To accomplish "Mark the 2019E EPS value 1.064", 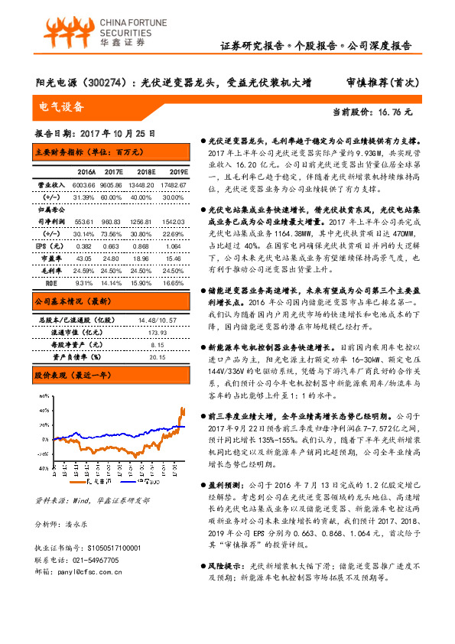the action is point(173,246).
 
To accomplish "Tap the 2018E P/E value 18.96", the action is point(142,259).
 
